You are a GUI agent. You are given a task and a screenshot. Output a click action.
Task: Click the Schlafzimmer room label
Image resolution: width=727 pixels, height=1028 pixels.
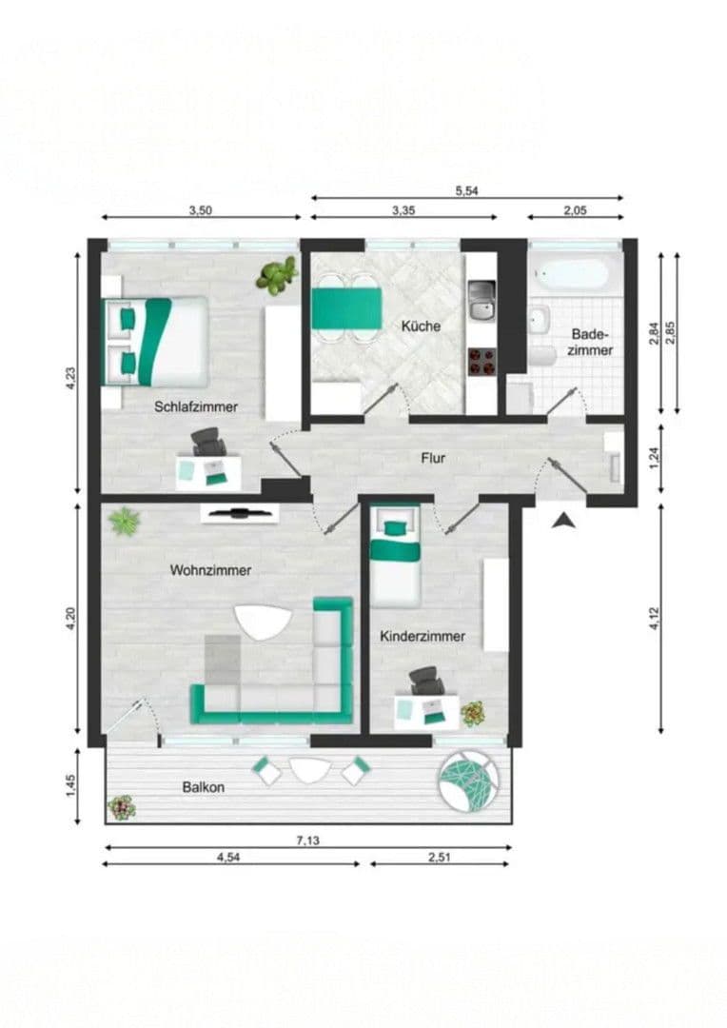coord(196,406)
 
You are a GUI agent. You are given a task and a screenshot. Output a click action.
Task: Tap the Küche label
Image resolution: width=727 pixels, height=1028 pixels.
coord(421,326)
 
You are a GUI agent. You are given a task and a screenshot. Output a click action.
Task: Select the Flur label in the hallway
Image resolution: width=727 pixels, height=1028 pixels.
coord(433,458)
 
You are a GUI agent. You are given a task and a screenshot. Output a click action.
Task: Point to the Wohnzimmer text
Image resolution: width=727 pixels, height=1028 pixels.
coord(210,570)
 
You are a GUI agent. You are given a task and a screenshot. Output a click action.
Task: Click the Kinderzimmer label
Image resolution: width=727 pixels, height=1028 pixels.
coord(422,636)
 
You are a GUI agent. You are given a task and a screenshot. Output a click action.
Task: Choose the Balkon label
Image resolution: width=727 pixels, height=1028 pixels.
coord(204,787)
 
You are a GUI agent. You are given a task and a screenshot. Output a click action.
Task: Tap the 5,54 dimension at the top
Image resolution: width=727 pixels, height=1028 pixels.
coord(466,190)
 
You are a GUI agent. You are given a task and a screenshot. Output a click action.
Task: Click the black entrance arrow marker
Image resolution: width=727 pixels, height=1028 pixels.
coord(563,520)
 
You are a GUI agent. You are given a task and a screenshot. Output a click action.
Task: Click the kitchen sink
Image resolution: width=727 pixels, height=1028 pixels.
coord(481,300)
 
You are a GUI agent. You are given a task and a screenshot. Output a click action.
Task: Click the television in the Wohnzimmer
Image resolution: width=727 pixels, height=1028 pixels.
coord(239,514)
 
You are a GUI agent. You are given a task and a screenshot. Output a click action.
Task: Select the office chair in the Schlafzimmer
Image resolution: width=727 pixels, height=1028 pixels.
coord(209,442)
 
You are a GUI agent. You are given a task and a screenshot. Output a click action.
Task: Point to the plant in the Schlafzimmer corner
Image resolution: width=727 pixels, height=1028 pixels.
coord(277,276)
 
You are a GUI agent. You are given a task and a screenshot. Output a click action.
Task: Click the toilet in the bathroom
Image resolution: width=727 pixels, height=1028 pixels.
coord(540,355)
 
